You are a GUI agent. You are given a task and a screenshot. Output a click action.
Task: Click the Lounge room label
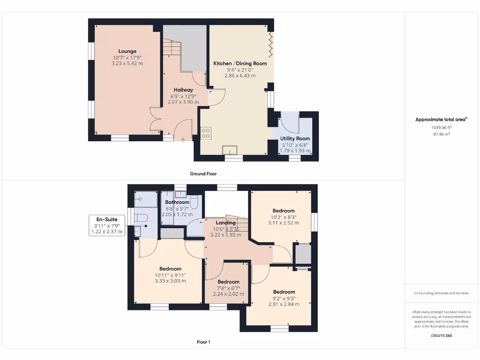(127, 51)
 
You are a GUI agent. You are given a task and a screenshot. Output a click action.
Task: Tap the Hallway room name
(183, 90)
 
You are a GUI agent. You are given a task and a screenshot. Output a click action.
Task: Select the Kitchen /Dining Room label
(240, 63)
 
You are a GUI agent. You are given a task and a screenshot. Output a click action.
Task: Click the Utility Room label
(295, 139)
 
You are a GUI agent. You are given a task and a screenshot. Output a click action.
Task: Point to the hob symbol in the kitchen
(205, 133)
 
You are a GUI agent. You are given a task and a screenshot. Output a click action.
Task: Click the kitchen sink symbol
(230, 150)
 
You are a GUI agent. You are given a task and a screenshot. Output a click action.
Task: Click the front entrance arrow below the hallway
(183, 140)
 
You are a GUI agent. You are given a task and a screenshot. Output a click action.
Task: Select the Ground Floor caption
(203, 173)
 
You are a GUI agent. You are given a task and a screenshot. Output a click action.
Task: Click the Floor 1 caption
(203, 342)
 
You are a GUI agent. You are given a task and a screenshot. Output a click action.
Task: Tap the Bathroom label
(177, 202)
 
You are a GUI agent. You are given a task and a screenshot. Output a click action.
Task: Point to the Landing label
(225, 223)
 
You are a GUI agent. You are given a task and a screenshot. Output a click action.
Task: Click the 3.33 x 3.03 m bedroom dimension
(170, 281)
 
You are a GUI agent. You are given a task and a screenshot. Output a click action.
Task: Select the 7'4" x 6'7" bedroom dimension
(228, 288)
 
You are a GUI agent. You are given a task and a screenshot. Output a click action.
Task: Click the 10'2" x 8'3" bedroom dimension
(284, 217)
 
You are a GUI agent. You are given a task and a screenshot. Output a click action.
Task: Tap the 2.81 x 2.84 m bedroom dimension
(284, 304)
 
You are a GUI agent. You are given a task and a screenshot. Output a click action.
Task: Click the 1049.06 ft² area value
(442, 127)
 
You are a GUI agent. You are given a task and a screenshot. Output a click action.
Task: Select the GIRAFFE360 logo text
(442, 336)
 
